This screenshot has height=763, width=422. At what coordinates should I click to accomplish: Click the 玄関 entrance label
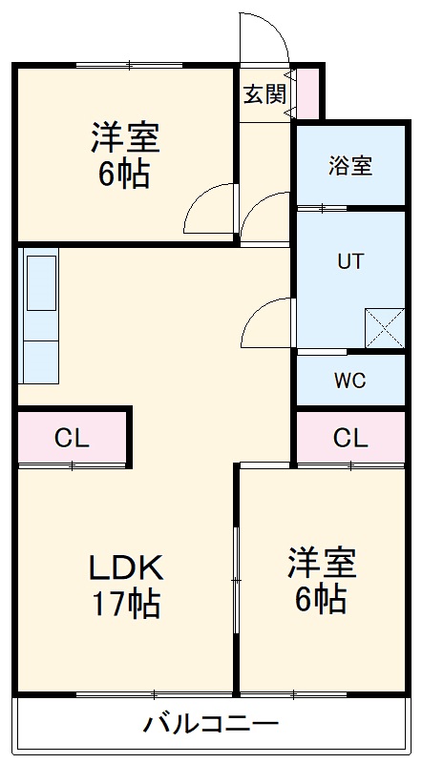[264, 93]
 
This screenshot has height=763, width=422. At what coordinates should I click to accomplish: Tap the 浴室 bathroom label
[349, 164]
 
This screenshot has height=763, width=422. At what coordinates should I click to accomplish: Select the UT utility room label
[349, 260]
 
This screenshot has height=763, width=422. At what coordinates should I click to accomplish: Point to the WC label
[349, 381]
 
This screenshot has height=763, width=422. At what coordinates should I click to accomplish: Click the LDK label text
[127, 568]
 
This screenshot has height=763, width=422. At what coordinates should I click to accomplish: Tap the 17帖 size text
[127, 605]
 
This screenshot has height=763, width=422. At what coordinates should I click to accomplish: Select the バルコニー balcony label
[211, 724]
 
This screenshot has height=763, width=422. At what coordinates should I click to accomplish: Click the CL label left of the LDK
[72, 439]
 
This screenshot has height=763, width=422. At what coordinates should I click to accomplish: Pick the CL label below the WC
[349, 439]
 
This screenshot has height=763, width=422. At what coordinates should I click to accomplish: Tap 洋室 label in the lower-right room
[324, 564]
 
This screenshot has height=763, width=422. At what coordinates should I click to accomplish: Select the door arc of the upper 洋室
[209, 208]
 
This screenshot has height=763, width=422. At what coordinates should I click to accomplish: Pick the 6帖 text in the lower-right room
[324, 600]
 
